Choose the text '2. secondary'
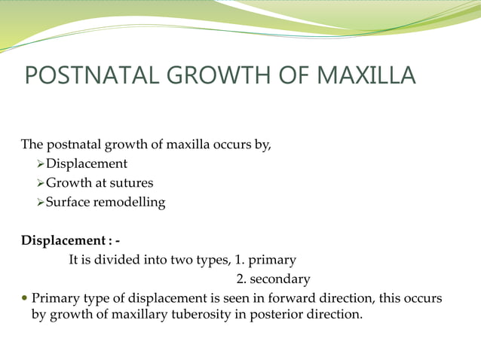(x=274, y=279)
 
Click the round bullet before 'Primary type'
(x=24, y=299)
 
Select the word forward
(x=293, y=299)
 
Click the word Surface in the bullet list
(x=68, y=203)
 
